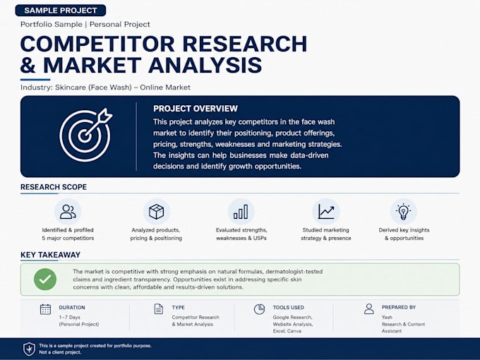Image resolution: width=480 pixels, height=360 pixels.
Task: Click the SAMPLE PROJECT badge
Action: tap(60, 11)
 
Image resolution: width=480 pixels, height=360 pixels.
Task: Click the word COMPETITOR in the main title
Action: tap(97, 44)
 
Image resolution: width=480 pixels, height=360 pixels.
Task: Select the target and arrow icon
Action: tap(85, 135)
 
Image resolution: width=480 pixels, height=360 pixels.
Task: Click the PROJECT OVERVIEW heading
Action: tap(196, 109)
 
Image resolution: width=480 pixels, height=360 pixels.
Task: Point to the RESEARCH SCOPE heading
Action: tap(54, 187)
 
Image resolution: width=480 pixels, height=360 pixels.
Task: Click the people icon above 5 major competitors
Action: tap(68, 212)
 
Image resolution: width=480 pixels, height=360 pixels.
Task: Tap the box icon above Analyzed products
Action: tap(156, 212)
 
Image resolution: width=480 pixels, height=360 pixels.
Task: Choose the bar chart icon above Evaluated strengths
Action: tap(241, 212)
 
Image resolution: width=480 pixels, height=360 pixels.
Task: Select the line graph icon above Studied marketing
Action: tap(326, 212)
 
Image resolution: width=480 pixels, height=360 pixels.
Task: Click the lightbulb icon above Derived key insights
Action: tap(404, 211)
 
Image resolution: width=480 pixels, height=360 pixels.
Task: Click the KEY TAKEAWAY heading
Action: tap(51, 255)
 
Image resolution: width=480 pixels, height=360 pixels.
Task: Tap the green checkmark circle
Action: tap(45, 280)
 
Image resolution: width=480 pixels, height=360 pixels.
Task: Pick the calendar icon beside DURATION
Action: tap(46, 309)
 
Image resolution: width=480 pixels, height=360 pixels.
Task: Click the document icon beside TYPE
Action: tap(159, 309)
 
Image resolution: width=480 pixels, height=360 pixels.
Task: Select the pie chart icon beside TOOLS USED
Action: tap(259, 309)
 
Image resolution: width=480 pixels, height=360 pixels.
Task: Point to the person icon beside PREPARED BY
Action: tap(369, 309)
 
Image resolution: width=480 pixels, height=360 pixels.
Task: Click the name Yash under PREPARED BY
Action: tap(387, 317)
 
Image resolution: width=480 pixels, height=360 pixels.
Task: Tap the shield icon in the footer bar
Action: tap(29, 349)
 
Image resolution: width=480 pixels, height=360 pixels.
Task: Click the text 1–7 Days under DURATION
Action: tap(69, 317)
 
